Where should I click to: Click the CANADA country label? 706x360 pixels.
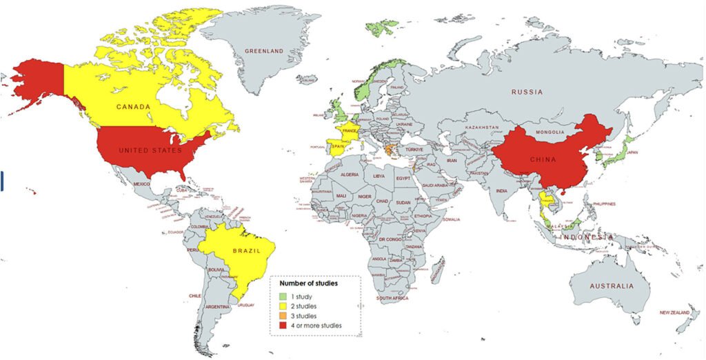point(134,107)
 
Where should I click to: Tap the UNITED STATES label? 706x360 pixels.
point(150,150)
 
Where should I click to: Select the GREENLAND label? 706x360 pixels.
point(265,51)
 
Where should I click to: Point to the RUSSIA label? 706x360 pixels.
point(527,92)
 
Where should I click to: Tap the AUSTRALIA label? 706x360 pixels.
point(611,286)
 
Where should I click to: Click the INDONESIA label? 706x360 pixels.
point(586,237)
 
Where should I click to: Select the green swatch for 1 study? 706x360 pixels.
point(283,296)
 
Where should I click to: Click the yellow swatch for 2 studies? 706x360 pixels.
point(283,306)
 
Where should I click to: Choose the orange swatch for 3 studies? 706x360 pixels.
point(283,316)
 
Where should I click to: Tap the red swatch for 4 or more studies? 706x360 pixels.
point(283,326)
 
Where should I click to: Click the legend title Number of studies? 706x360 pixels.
point(308,283)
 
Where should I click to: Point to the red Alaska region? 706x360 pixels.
point(38,79)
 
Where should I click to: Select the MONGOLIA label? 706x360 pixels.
point(550,132)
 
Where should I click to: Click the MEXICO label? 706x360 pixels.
point(141,184)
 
